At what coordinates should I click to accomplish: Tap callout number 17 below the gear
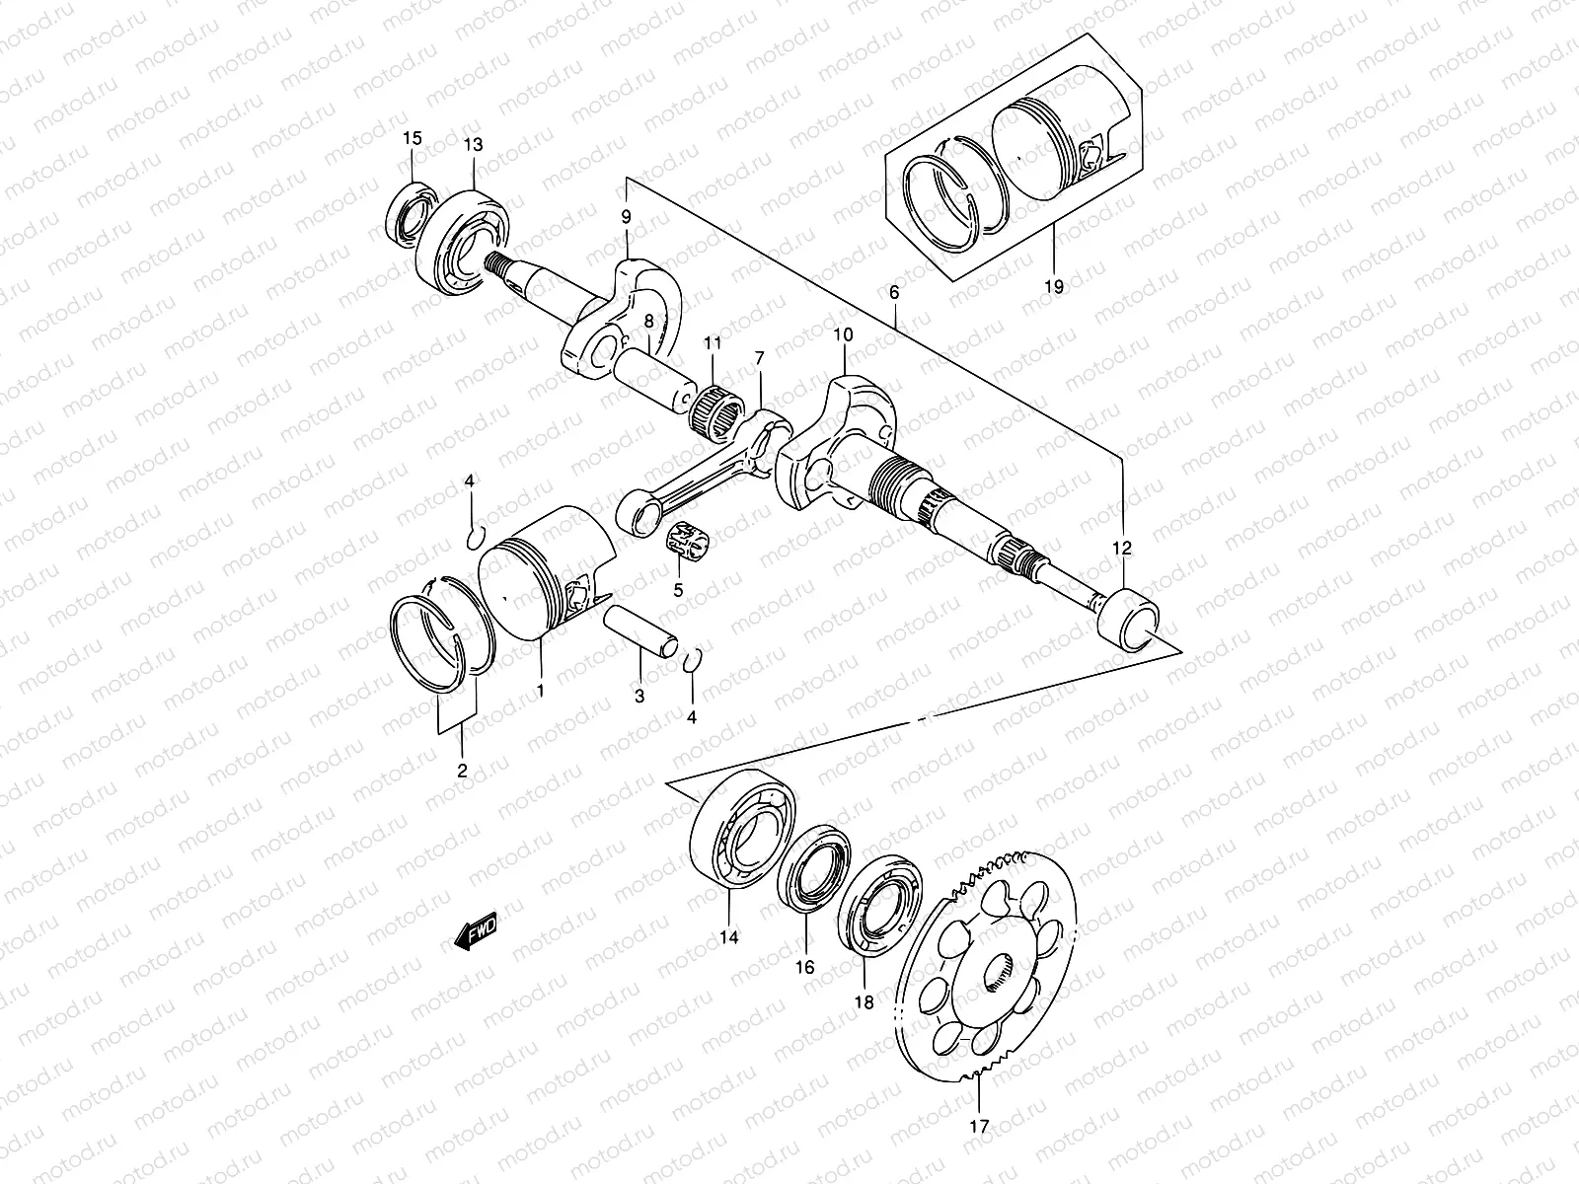978,1125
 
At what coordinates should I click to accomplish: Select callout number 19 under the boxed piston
1053,287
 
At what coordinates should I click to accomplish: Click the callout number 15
413,138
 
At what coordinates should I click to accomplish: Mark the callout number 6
894,293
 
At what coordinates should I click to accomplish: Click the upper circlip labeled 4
474,537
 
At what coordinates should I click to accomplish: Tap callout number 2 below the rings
462,771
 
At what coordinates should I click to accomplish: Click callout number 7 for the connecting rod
759,357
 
